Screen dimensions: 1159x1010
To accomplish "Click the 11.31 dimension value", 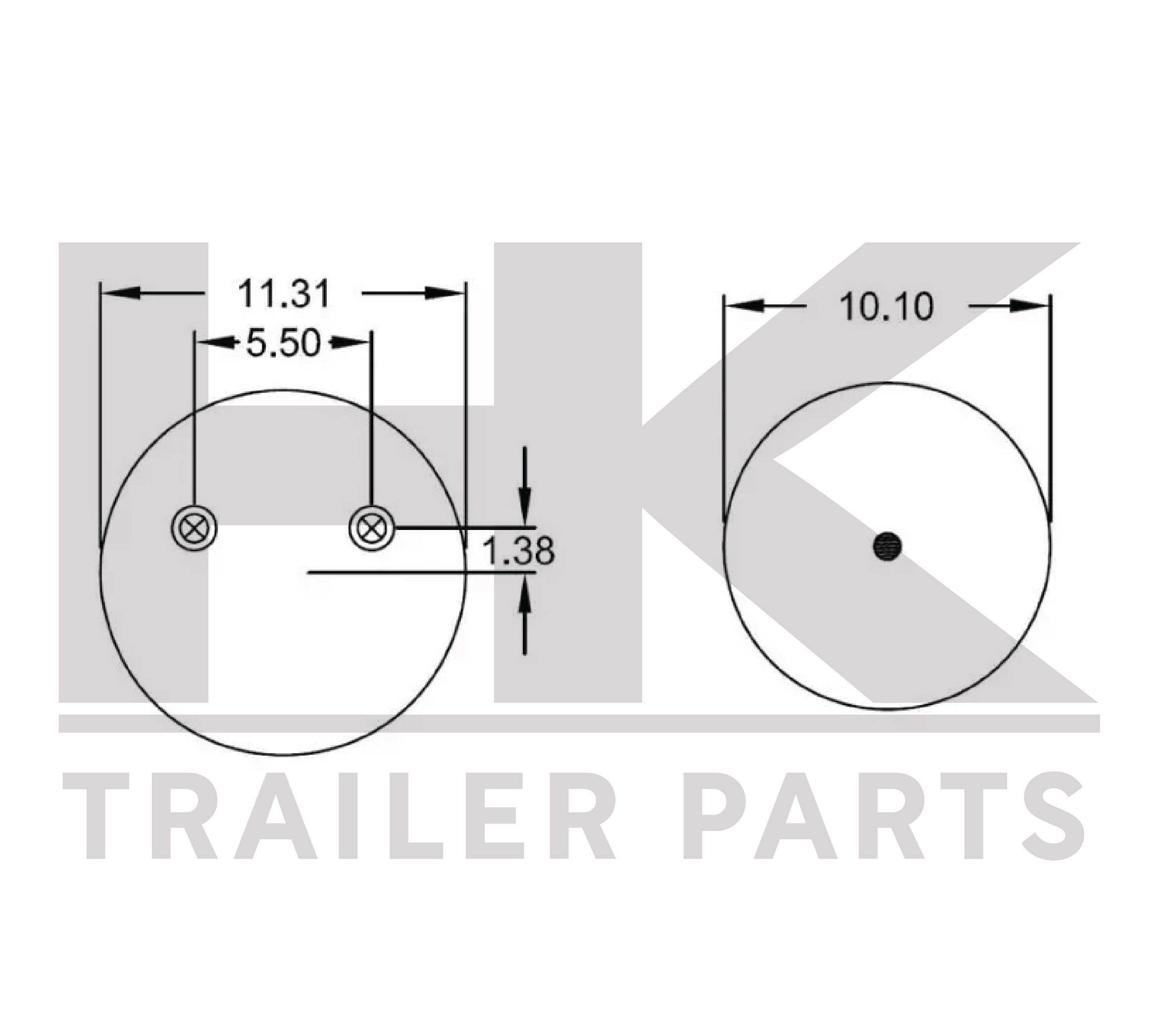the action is tap(284, 293).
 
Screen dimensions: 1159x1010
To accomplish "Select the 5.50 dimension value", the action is tap(284, 342).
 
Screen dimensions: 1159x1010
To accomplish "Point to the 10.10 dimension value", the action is tap(887, 307).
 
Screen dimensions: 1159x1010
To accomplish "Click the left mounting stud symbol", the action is tap(194, 528).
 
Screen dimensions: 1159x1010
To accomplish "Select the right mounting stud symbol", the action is tap(372, 528).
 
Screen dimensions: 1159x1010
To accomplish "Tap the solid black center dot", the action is tap(887, 546).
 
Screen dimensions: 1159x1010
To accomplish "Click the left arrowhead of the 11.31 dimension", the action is tap(120, 293).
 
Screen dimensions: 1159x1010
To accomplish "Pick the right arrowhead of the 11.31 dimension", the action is tap(445, 293).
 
